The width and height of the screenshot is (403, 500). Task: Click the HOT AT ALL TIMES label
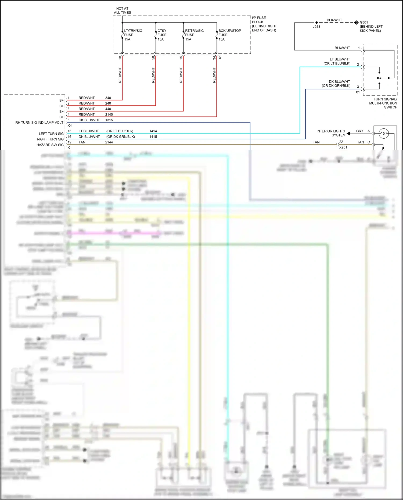click(123, 10)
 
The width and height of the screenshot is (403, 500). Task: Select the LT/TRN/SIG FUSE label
click(133, 35)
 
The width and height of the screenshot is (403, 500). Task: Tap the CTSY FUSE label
click(162, 35)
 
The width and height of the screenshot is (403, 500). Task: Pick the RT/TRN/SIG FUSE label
click(194, 35)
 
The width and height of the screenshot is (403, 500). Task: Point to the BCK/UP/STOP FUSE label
click(229, 35)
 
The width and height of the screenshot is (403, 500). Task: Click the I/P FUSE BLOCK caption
click(264, 24)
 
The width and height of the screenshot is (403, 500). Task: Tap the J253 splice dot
click(316, 23)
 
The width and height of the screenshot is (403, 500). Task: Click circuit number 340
click(108, 98)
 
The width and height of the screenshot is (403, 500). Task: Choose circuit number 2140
click(109, 114)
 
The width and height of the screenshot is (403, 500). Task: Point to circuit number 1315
click(109, 120)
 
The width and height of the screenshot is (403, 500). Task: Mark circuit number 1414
click(153, 131)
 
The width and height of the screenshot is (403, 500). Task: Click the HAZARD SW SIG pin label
click(50, 145)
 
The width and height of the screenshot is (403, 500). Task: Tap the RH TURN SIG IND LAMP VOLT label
click(39, 123)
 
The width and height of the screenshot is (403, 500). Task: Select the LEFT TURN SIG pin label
click(51, 134)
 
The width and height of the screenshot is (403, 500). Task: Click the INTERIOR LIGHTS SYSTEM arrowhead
click(348, 133)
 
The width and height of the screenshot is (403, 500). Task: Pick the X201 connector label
click(343, 147)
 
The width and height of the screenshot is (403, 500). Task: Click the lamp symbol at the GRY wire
click(383, 133)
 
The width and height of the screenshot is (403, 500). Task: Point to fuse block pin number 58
click(153, 57)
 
